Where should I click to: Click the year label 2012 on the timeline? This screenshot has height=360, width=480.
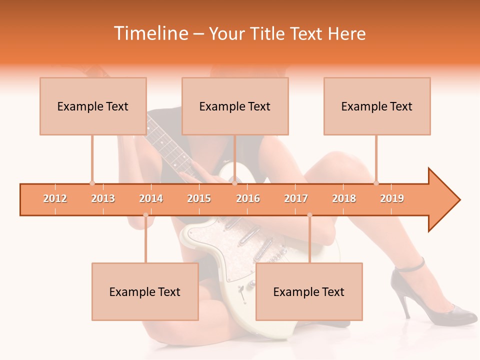[x=55, y=198]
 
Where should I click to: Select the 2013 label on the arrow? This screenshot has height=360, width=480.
[x=103, y=198]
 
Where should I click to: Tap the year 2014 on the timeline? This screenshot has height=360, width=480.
[x=151, y=198]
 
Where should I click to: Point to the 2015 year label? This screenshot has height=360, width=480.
[x=199, y=198]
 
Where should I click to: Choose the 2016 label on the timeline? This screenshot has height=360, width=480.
[x=248, y=198]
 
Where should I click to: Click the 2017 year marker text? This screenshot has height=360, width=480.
[x=296, y=198]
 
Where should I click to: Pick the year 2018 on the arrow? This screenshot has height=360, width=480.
[x=344, y=198]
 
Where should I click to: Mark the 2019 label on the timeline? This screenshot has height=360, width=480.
[x=392, y=198]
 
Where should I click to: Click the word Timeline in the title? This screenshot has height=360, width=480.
[x=150, y=33]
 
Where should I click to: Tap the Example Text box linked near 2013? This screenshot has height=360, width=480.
[x=93, y=106]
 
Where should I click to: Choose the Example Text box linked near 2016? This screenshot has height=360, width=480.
[x=235, y=106]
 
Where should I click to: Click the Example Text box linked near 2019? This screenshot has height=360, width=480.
[x=377, y=106]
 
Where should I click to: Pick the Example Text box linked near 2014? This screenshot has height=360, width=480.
[x=145, y=291]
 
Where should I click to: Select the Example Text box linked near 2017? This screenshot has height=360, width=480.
[x=309, y=291]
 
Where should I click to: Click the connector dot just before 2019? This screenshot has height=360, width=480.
[x=376, y=183]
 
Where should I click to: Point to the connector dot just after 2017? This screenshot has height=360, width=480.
[x=309, y=215]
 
